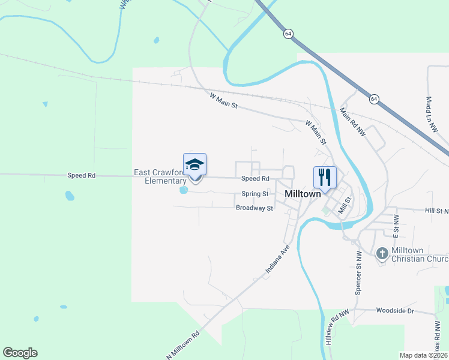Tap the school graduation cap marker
click(194, 164)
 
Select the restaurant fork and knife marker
click(325, 177)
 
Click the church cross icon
click(382, 254)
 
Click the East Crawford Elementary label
click(160, 176)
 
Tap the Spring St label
click(255, 194)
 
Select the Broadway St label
click(255, 208)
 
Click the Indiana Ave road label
click(278, 261)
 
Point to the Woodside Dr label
click(395, 311)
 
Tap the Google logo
click(20, 353)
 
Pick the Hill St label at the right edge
click(436, 211)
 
